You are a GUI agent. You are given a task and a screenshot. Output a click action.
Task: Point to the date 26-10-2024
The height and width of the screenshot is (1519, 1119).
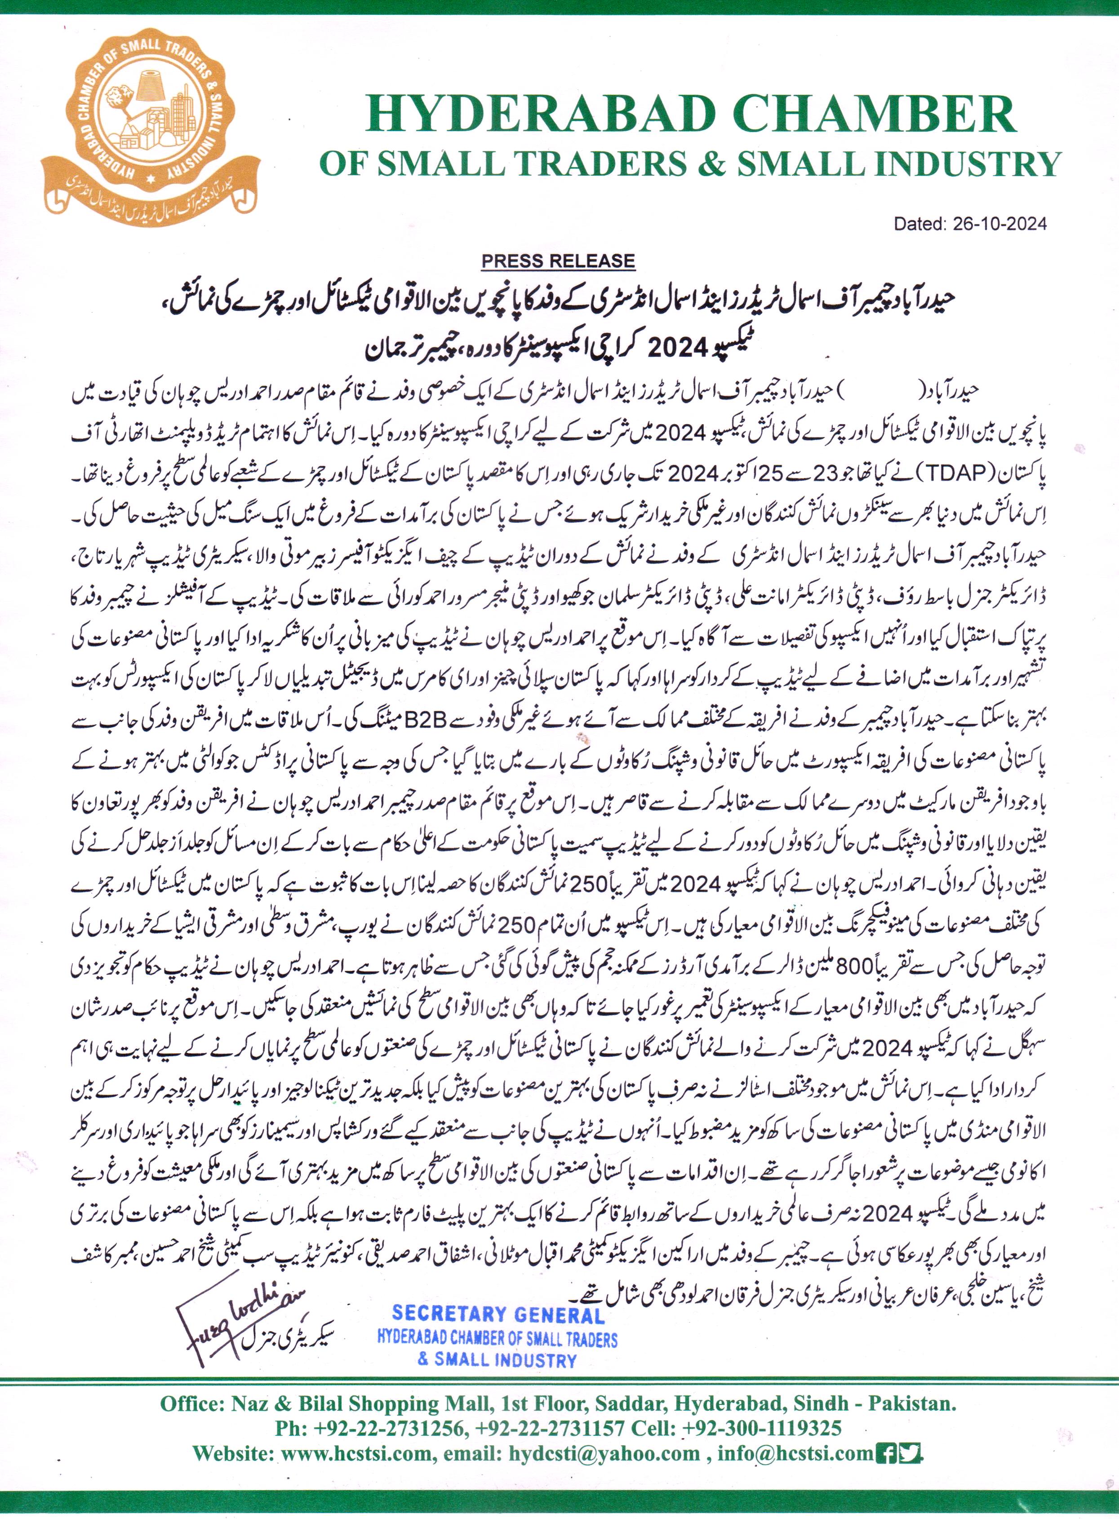[1000, 224]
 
